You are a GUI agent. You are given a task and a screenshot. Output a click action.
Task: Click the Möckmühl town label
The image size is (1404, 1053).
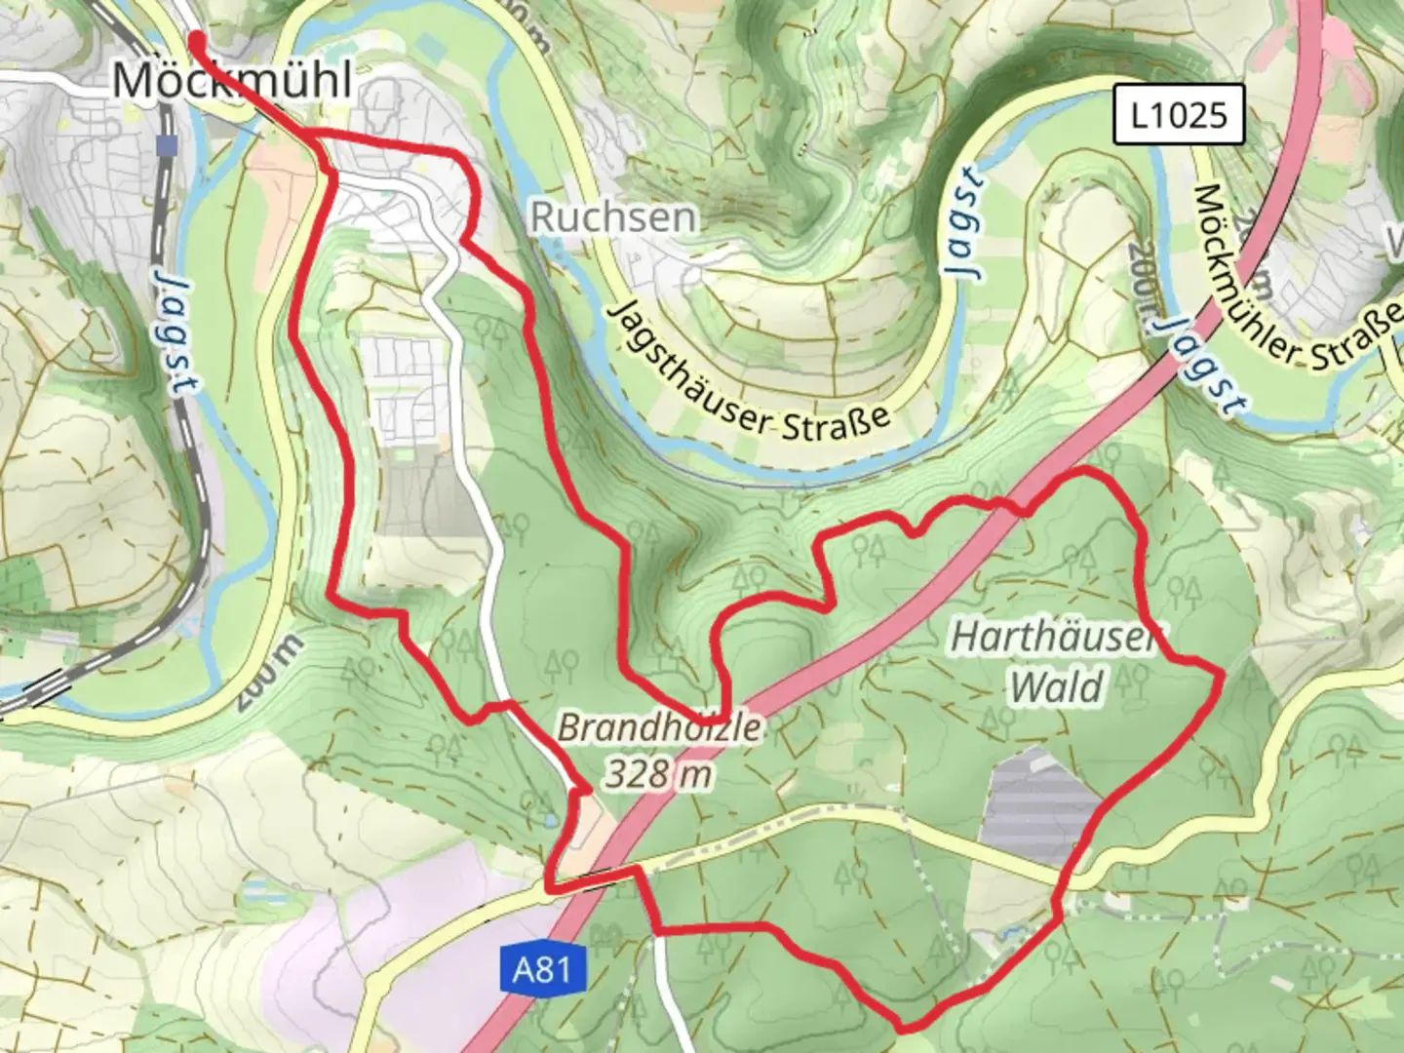[232, 80]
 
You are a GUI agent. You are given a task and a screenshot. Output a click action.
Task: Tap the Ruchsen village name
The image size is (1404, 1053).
[613, 216]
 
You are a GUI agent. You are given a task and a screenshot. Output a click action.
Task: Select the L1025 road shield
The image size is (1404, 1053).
[1179, 115]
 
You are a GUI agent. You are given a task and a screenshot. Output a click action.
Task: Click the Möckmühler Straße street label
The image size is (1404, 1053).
[1297, 283]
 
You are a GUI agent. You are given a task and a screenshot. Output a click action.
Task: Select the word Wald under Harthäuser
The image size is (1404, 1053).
[1057, 686]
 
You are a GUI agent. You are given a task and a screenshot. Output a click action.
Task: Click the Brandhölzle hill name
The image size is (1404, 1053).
[659, 727]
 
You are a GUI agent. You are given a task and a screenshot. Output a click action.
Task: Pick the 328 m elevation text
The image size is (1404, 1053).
[658, 774]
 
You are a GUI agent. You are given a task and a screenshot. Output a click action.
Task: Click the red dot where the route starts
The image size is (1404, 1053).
[196, 39]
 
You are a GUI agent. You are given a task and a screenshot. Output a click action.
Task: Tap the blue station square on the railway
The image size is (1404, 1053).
[167, 145]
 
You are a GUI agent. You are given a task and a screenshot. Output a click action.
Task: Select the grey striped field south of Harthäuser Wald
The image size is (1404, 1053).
[1039, 799]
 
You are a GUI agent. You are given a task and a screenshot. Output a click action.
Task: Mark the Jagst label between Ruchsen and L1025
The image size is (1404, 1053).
[963, 223]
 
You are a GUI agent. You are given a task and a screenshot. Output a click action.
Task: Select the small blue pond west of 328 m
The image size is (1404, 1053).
[552, 820]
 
